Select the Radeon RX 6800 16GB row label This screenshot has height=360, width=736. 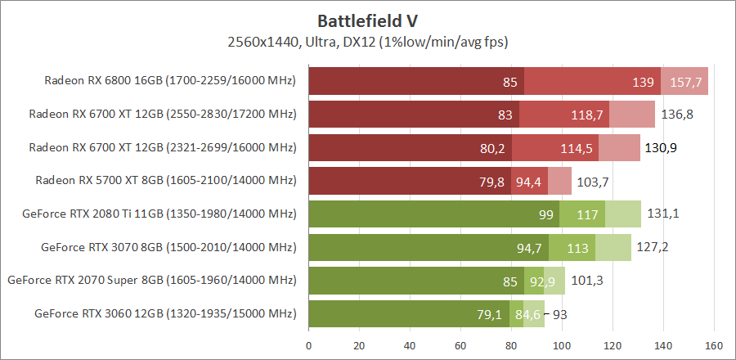click(x=169, y=81)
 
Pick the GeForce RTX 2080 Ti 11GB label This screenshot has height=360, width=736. click(x=159, y=214)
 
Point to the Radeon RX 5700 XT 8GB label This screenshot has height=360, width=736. click(x=165, y=180)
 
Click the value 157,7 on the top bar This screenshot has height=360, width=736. click(x=686, y=82)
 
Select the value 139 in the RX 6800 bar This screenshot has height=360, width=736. click(x=643, y=82)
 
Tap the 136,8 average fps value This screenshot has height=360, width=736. click(x=677, y=115)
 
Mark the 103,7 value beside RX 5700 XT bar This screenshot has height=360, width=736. click(x=594, y=181)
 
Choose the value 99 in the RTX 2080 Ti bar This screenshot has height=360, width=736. click(x=546, y=214)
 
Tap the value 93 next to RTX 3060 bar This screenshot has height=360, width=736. click(x=561, y=313)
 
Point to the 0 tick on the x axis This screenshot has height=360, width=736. click(x=308, y=344)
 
